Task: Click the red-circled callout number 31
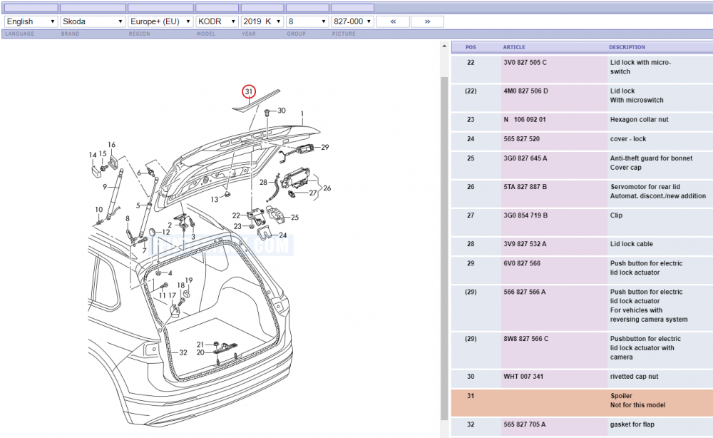(x=249, y=91)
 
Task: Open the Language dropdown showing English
(x=31, y=21)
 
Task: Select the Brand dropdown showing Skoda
(x=93, y=21)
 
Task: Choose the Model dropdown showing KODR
(x=217, y=21)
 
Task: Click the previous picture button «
(x=393, y=21)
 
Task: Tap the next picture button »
(x=427, y=21)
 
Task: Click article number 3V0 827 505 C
(x=525, y=62)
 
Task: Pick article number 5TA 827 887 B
(x=525, y=186)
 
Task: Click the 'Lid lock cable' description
(x=632, y=244)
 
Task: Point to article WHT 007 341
(x=523, y=376)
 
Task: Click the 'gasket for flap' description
(x=632, y=424)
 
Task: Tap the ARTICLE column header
(x=514, y=47)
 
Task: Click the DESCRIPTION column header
(x=627, y=47)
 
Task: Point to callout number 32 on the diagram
(x=183, y=352)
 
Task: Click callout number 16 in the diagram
(x=111, y=145)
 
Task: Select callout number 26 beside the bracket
(x=327, y=188)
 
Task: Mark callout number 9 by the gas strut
(x=105, y=186)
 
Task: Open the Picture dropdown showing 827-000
(x=352, y=21)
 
